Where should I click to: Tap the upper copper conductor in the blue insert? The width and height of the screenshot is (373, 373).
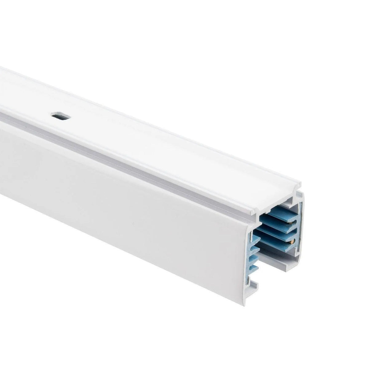(x=290, y=223)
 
